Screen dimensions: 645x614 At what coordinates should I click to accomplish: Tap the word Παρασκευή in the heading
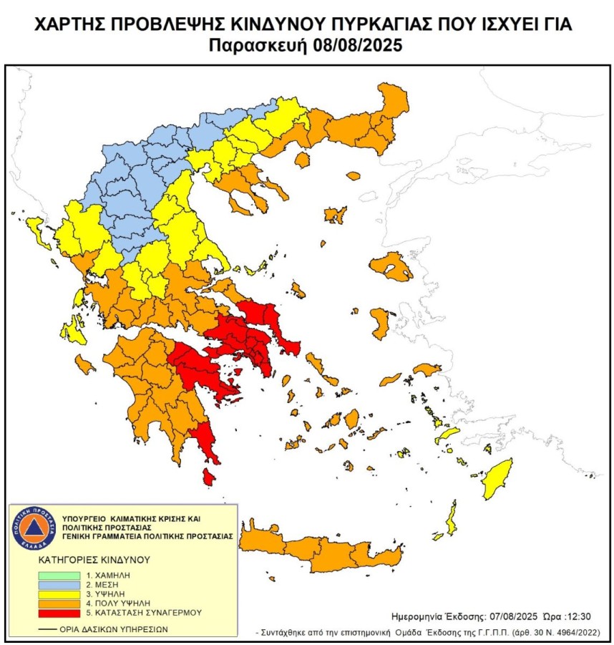258,47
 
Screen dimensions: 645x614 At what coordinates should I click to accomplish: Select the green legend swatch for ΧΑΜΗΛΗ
59,575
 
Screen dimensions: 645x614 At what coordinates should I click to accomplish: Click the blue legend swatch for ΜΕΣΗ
59,585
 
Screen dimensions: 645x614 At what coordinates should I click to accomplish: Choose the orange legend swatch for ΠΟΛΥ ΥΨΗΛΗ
59,604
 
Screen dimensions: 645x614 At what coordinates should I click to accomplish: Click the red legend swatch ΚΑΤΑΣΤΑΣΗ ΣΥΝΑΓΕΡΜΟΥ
59,614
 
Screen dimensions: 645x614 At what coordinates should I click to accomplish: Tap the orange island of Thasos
301,159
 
